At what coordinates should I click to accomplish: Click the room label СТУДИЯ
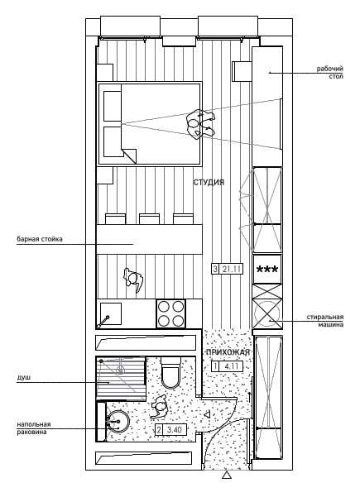pyautogui.click(x=209, y=182)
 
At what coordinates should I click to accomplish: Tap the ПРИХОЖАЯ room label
pyautogui.click(x=228, y=352)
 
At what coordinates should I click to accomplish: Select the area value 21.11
pyautogui.click(x=232, y=269)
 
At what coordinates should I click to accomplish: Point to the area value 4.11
pyautogui.click(x=232, y=366)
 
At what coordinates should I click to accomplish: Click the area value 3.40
pyautogui.click(x=175, y=430)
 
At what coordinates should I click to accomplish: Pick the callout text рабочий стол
pyautogui.click(x=330, y=73)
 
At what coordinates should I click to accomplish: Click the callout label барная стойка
pyautogui.click(x=40, y=239)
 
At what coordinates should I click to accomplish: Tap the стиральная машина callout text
pyautogui.click(x=325, y=321)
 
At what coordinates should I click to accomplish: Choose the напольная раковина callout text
pyautogui.click(x=34, y=428)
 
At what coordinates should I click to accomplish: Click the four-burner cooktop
pyautogui.click(x=171, y=313)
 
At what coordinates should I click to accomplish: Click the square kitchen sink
pyautogui.click(x=111, y=313)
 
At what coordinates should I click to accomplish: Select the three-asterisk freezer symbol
pyautogui.click(x=267, y=270)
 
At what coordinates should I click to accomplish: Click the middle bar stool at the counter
pyautogui.click(x=150, y=219)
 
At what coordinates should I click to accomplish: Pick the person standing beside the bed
pyautogui.click(x=200, y=123)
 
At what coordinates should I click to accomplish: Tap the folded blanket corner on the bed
pyautogui.click(x=129, y=155)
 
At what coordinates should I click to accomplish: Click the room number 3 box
pyautogui.click(x=215, y=269)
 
